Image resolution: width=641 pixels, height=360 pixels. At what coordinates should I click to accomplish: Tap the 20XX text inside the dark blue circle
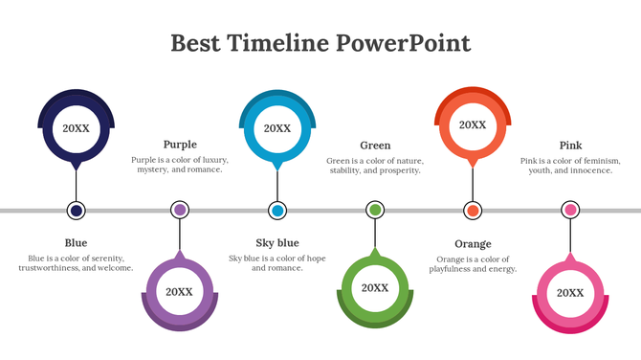77,127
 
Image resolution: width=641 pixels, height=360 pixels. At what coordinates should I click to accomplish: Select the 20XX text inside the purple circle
179,292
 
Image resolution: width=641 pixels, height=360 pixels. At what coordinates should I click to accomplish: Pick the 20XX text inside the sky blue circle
277,127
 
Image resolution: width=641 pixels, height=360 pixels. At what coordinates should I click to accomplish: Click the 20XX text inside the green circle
375,287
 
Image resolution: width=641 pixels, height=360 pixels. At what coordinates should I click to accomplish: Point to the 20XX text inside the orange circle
472,124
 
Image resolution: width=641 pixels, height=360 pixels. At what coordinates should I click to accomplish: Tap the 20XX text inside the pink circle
570,292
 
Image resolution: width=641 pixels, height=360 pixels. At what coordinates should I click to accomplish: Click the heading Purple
180,145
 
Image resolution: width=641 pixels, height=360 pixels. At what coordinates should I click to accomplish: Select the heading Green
375,146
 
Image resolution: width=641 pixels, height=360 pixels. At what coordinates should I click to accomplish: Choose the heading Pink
570,146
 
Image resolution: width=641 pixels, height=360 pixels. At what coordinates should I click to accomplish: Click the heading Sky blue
277,243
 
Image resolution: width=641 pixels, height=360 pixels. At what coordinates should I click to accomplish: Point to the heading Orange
473,244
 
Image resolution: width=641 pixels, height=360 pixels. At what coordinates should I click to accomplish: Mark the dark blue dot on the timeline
77,210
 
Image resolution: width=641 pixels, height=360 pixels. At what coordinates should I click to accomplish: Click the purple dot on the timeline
179,210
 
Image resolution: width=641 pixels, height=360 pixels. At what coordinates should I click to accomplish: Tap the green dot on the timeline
375,210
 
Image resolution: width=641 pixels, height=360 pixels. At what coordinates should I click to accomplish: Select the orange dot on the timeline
473,210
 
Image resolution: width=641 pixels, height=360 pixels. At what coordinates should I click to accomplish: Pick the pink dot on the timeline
570,210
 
